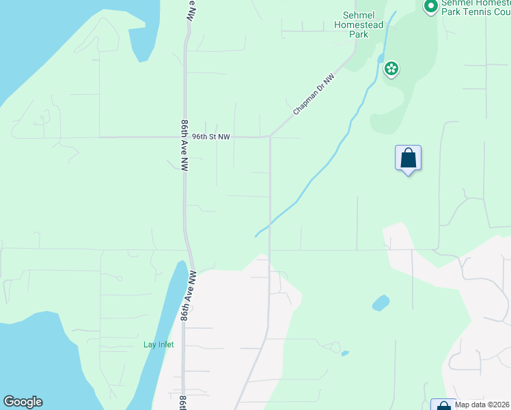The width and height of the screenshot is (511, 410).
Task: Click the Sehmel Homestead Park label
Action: (x=359, y=25)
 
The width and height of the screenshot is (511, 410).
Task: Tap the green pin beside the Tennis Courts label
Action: (x=430, y=7)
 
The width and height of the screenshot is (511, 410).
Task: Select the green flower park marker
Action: (x=391, y=68)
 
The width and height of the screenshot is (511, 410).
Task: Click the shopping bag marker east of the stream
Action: (x=408, y=159)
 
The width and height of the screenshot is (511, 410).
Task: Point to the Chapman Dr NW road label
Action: (x=314, y=94)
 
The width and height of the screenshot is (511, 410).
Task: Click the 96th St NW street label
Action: (x=210, y=137)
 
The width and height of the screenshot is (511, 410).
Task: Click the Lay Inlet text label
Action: (x=158, y=344)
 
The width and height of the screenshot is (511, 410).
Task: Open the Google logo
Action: (x=23, y=402)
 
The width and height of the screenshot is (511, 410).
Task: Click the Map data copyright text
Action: (x=482, y=405)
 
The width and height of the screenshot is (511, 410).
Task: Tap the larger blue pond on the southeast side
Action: (x=381, y=303)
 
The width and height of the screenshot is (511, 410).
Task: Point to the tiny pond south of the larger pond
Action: (x=344, y=353)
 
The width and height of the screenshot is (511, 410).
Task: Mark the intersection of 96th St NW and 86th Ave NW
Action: (x=184, y=137)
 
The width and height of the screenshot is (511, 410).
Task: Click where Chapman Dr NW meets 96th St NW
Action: (x=271, y=137)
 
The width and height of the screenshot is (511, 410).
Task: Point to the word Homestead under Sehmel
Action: (x=359, y=25)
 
